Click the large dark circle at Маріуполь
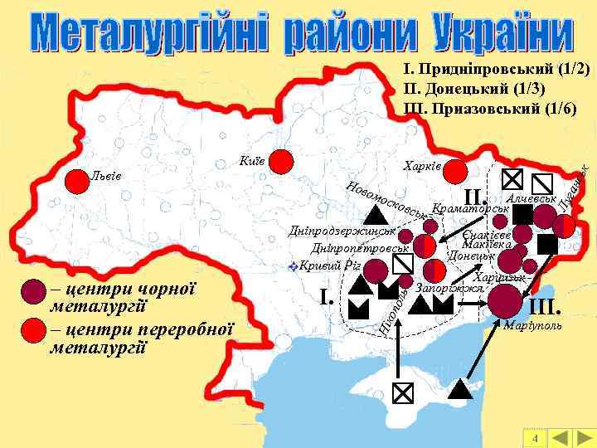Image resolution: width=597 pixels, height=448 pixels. (x=505, y=299)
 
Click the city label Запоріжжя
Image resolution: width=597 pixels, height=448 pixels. (x=449, y=288)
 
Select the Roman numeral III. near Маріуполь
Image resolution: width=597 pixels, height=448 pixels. (x=547, y=304)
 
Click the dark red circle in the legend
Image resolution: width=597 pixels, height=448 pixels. (x=32, y=291)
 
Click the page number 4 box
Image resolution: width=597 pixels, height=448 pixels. (x=536, y=438)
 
